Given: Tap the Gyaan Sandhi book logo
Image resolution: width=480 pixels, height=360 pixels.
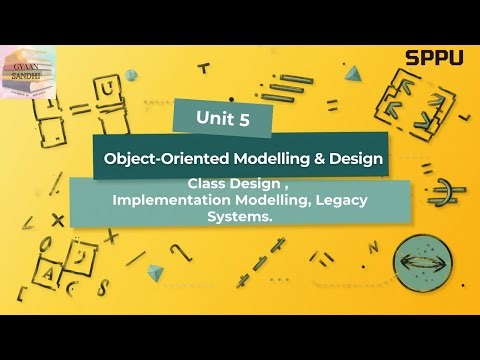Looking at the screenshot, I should coord(28,73).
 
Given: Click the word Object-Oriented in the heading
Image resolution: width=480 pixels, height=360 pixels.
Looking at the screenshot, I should coord(162,158).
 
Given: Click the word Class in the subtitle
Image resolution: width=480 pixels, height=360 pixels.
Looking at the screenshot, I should coord(206,186).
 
